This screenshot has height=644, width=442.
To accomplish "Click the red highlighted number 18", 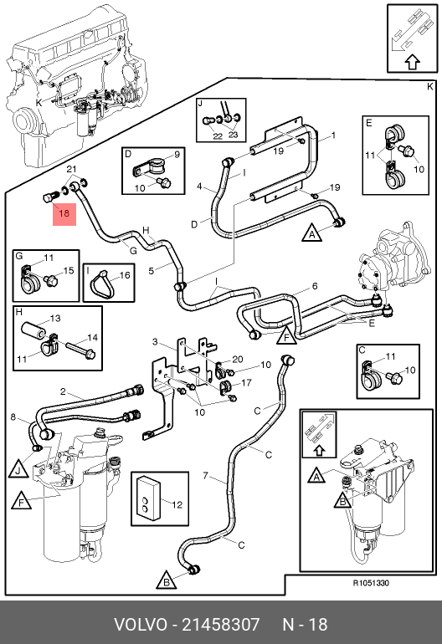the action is [x=64, y=213].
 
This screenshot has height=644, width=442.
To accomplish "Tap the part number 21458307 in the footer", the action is [x=220, y=624].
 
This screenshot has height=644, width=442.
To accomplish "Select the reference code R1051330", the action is [x=371, y=583].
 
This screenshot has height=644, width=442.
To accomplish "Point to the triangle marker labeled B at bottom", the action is [x=167, y=581].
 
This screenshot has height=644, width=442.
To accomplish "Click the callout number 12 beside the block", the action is [x=177, y=505].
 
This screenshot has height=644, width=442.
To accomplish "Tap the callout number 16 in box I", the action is [x=125, y=275].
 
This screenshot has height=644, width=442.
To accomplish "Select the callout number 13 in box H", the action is [x=55, y=319].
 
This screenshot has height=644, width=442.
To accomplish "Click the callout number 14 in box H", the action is [x=93, y=338].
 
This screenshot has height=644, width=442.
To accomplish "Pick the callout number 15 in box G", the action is [x=69, y=270].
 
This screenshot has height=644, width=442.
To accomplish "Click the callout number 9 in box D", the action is [x=177, y=155].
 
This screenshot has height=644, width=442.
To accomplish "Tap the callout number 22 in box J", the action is [x=218, y=136].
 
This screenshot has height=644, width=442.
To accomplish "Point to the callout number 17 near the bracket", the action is [x=246, y=383].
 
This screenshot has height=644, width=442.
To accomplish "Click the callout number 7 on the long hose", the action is [x=206, y=476].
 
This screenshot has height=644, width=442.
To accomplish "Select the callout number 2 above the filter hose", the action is [x=63, y=391].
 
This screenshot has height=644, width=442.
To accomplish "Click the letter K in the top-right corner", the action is [x=429, y=87].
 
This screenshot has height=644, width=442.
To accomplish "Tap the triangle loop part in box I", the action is [x=101, y=283].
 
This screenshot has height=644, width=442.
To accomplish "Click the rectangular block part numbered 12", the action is [x=147, y=498].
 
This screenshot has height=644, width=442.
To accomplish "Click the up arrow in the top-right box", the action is [x=413, y=63].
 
